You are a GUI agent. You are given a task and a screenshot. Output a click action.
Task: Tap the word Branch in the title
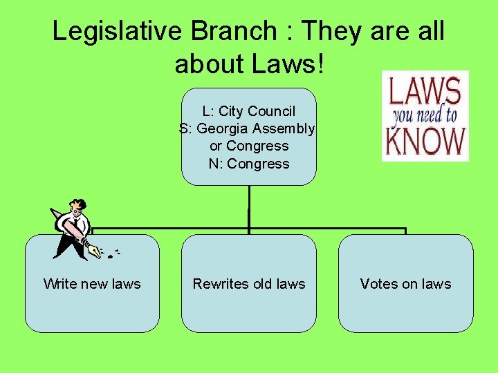pyautogui.click(x=229, y=31)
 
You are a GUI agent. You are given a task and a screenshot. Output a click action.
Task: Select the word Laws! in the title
pyautogui.click(x=290, y=64)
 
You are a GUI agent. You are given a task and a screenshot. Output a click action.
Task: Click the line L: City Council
pyautogui.click(x=249, y=111)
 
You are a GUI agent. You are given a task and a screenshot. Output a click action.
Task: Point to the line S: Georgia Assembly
pyautogui.click(x=248, y=128)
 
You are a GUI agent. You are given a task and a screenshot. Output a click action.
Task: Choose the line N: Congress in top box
pyautogui.click(x=249, y=164)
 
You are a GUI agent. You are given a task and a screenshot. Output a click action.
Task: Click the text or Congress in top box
pyautogui.click(x=249, y=146)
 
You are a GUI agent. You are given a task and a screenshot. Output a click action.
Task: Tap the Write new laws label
pyautogui.click(x=92, y=284)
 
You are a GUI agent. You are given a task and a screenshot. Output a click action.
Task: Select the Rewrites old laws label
pyautogui.click(x=249, y=284)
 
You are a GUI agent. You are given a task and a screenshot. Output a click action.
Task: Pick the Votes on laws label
pyautogui.click(x=405, y=284)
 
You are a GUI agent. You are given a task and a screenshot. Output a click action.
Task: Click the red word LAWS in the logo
pyautogui.click(x=425, y=92)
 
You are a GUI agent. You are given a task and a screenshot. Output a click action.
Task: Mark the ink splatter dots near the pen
pyautogui.click(x=112, y=254)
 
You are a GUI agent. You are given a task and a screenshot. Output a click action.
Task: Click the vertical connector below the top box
pyautogui.click(x=249, y=207)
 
